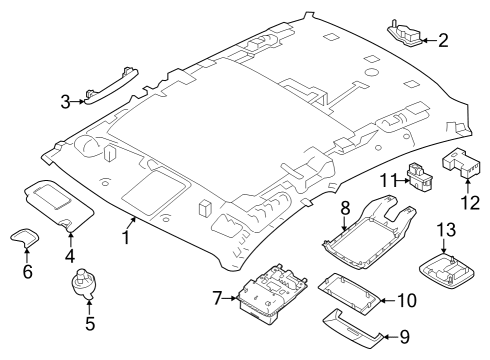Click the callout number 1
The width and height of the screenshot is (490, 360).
coord(127,237)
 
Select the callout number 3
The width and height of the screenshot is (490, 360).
coord(65,102)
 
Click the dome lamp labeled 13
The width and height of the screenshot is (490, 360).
coord(444,268)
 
